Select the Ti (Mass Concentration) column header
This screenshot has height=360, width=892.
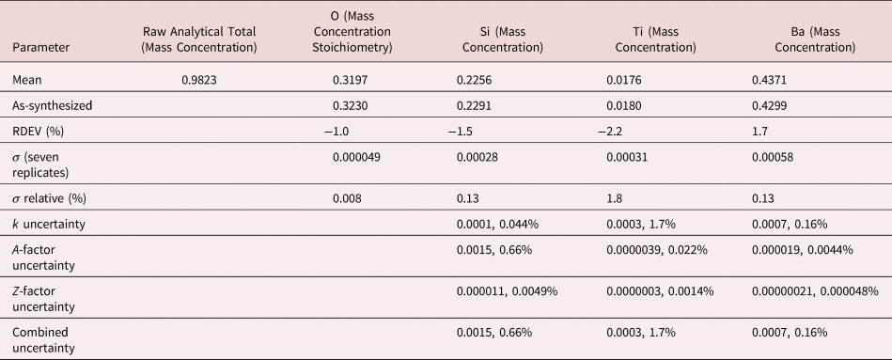tap(650, 39)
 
